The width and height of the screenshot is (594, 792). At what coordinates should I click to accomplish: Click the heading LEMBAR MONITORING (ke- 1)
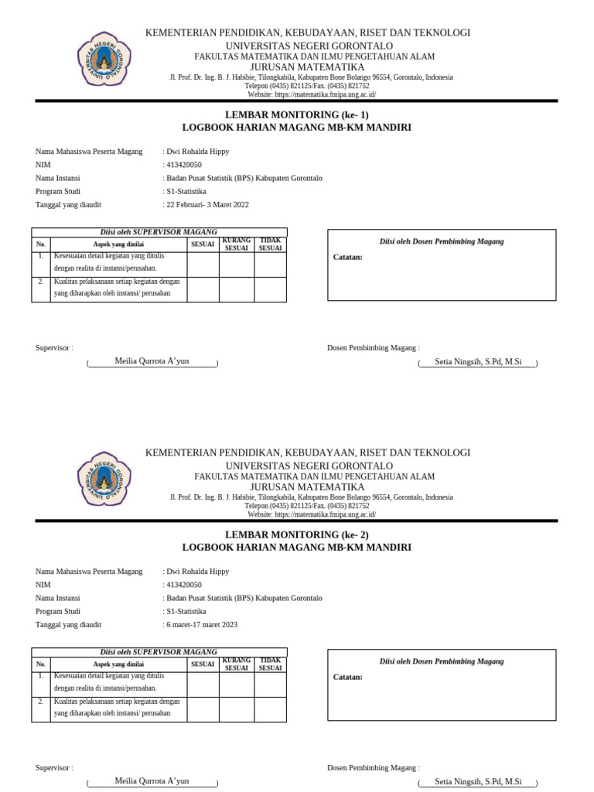[x=297, y=114]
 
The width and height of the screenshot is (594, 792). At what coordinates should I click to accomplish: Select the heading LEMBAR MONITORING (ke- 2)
[x=297, y=534]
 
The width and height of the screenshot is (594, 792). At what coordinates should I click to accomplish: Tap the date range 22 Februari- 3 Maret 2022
[x=207, y=204]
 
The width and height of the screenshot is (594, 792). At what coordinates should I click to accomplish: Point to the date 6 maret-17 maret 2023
[x=203, y=624]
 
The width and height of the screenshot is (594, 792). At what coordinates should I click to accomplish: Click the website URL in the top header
[x=312, y=94]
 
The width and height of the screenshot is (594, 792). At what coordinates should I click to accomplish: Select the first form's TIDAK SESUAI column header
[x=271, y=245]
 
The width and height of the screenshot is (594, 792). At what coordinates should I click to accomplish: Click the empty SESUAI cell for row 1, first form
[x=203, y=265]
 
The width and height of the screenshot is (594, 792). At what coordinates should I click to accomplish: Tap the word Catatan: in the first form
[x=347, y=257]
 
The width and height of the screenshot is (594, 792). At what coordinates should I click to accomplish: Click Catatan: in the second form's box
[x=347, y=677]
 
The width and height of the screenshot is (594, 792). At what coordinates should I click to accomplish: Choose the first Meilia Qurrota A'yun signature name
[x=152, y=361]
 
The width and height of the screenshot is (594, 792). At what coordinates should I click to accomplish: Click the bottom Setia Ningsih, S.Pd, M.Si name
[x=478, y=781]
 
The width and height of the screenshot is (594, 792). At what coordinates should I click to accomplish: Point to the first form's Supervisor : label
[x=54, y=348]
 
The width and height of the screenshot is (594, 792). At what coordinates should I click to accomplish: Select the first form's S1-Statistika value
[x=186, y=191]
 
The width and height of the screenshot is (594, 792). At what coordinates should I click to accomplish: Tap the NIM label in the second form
[x=43, y=585]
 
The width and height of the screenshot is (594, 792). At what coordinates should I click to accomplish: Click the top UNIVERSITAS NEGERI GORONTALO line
[x=309, y=45]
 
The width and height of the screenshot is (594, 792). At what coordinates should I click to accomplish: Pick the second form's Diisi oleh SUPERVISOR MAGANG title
[x=159, y=652]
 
